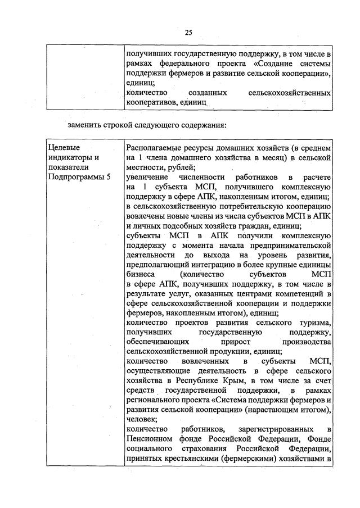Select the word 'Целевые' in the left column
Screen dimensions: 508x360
tap(62, 147)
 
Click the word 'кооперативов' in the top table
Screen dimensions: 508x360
tap(151, 102)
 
